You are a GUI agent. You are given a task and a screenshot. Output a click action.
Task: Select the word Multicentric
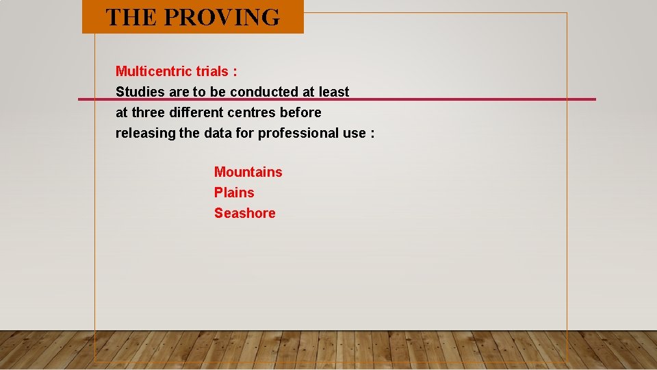[x=154, y=71]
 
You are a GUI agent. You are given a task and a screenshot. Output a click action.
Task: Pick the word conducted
[x=264, y=92]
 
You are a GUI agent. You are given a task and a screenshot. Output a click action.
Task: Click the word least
[x=334, y=92]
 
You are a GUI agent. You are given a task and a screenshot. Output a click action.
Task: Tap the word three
[x=149, y=112]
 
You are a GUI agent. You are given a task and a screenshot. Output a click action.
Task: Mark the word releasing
[x=145, y=133]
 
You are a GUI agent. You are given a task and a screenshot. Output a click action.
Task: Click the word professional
[x=300, y=133]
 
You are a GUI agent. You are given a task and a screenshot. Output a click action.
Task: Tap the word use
[x=355, y=133]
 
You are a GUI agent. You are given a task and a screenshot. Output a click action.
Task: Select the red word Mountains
[x=248, y=172]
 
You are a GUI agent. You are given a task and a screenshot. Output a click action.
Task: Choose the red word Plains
[x=234, y=193]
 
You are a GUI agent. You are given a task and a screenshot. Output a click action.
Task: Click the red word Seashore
[x=244, y=213]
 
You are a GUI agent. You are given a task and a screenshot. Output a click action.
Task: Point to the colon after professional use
[x=372, y=134]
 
